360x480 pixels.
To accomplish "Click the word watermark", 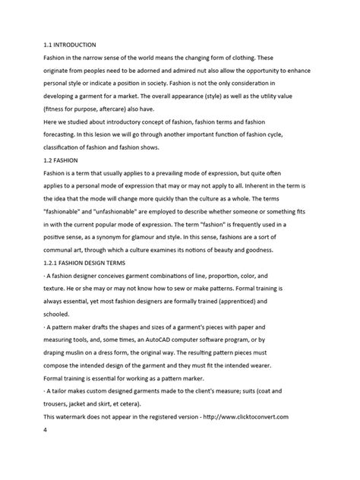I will [x=82, y=416].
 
